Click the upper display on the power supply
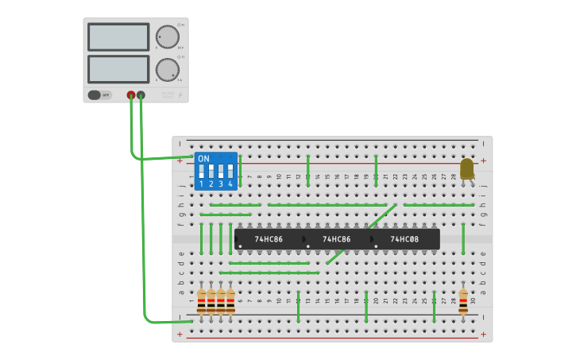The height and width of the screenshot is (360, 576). pyautogui.click(x=118, y=37)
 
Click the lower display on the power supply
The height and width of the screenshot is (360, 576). pyautogui.click(x=118, y=68)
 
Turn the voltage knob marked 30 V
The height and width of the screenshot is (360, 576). pyautogui.click(x=167, y=37)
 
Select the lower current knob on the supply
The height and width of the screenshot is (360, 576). pyautogui.click(x=167, y=69)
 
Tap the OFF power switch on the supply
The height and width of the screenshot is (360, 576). pyautogui.click(x=99, y=95)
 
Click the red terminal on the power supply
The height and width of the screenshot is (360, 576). pyautogui.click(x=131, y=95)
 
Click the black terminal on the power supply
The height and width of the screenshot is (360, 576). pyautogui.click(x=141, y=95)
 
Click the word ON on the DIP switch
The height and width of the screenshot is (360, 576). pyautogui.click(x=203, y=158)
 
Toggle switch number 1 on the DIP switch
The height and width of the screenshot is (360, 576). pyautogui.click(x=202, y=172)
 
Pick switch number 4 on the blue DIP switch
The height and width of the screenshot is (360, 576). pyautogui.click(x=230, y=172)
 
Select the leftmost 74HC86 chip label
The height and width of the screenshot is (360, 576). pyautogui.click(x=269, y=238)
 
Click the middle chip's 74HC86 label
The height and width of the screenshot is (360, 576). pyautogui.click(x=336, y=238)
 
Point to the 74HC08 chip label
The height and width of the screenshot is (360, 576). pyautogui.click(x=404, y=238)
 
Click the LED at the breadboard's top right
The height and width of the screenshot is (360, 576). pyautogui.click(x=466, y=168)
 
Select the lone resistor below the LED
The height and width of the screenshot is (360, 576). pyautogui.click(x=463, y=301)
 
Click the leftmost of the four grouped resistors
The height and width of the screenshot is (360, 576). pyautogui.click(x=201, y=301)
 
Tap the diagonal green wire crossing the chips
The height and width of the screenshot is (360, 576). pyautogui.click(x=361, y=233)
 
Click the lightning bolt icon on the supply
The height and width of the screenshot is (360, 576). pyautogui.click(x=180, y=95)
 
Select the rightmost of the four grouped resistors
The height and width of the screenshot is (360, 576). pyautogui.click(x=230, y=301)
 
